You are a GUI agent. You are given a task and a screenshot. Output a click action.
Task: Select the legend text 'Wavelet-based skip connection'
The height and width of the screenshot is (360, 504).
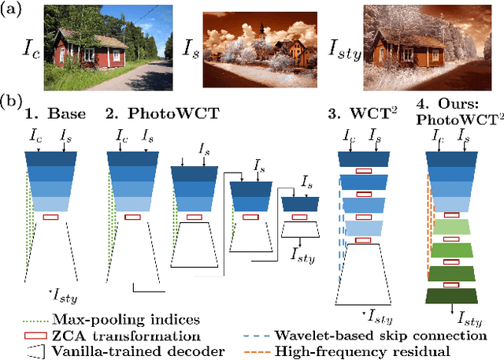click(x=369, y=334)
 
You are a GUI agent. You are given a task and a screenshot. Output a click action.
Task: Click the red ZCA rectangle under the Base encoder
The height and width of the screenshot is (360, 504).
click(x=51, y=217)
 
